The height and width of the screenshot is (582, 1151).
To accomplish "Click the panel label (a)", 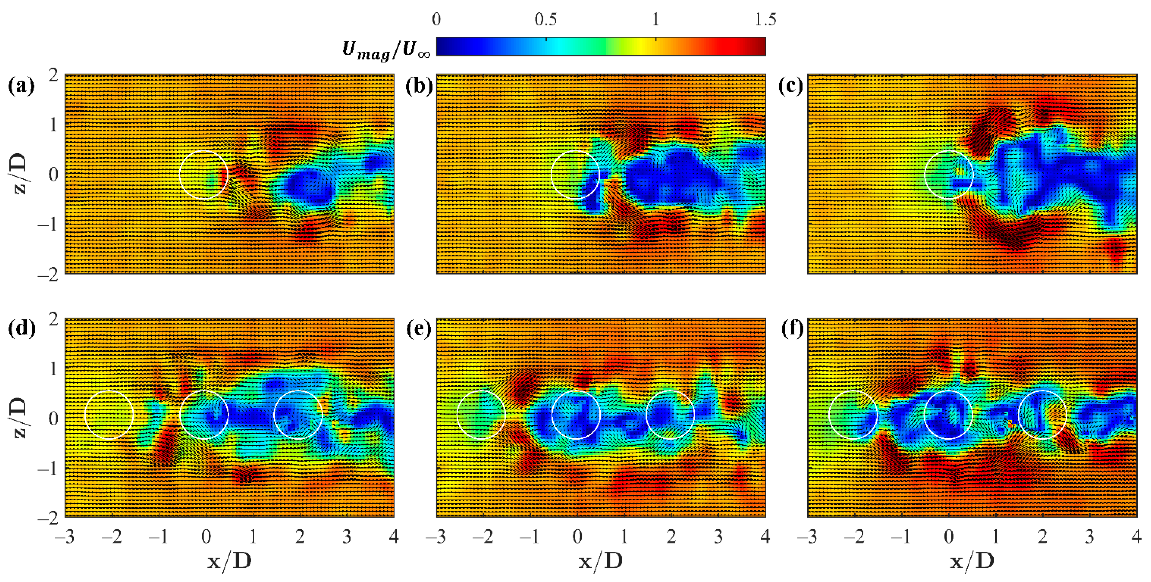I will (21, 86).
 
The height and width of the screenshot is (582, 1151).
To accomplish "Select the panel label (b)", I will (419, 86).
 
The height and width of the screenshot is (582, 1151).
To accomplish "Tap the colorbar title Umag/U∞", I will (386, 49).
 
